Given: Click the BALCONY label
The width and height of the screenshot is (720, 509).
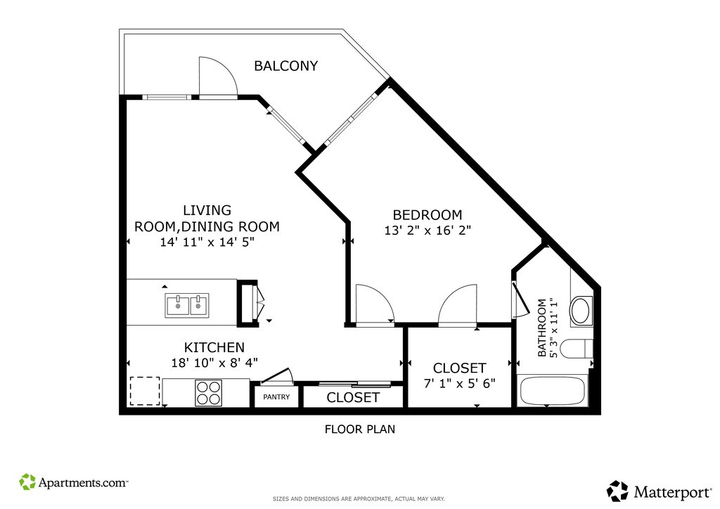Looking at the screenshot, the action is (x=285, y=66).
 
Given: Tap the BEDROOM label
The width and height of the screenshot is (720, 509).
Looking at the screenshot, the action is (x=427, y=215).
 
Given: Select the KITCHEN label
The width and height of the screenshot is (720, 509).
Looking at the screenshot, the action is (x=214, y=347).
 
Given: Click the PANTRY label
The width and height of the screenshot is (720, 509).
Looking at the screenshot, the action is (x=276, y=397).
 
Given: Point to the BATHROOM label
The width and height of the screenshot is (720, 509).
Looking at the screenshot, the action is (x=542, y=328).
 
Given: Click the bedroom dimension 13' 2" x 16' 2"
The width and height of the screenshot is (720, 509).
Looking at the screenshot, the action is (x=427, y=230).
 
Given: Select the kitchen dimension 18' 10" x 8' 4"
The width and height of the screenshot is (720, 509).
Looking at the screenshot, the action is (x=214, y=363).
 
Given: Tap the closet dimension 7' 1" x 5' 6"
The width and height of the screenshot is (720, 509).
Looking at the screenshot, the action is (x=460, y=383).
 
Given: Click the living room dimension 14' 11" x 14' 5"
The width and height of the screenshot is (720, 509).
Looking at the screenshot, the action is (x=207, y=242).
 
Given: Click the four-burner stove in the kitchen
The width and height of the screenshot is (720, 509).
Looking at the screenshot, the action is (x=208, y=393).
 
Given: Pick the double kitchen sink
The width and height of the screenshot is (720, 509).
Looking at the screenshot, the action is (x=187, y=305).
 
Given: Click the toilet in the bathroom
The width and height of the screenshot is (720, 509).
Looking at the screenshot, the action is (x=577, y=349).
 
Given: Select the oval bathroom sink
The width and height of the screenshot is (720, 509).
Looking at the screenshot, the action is (x=580, y=311).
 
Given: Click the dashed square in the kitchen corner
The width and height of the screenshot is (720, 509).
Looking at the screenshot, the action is (x=145, y=391).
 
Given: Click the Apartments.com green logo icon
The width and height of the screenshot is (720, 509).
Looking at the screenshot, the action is (x=27, y=482).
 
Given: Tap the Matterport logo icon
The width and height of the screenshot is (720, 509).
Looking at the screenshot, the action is (x=617, y=491).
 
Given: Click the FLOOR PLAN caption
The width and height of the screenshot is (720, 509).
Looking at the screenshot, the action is (x=360, y=429).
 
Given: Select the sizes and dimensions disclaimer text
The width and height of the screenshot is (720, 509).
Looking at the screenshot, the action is (x=359, y=498).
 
